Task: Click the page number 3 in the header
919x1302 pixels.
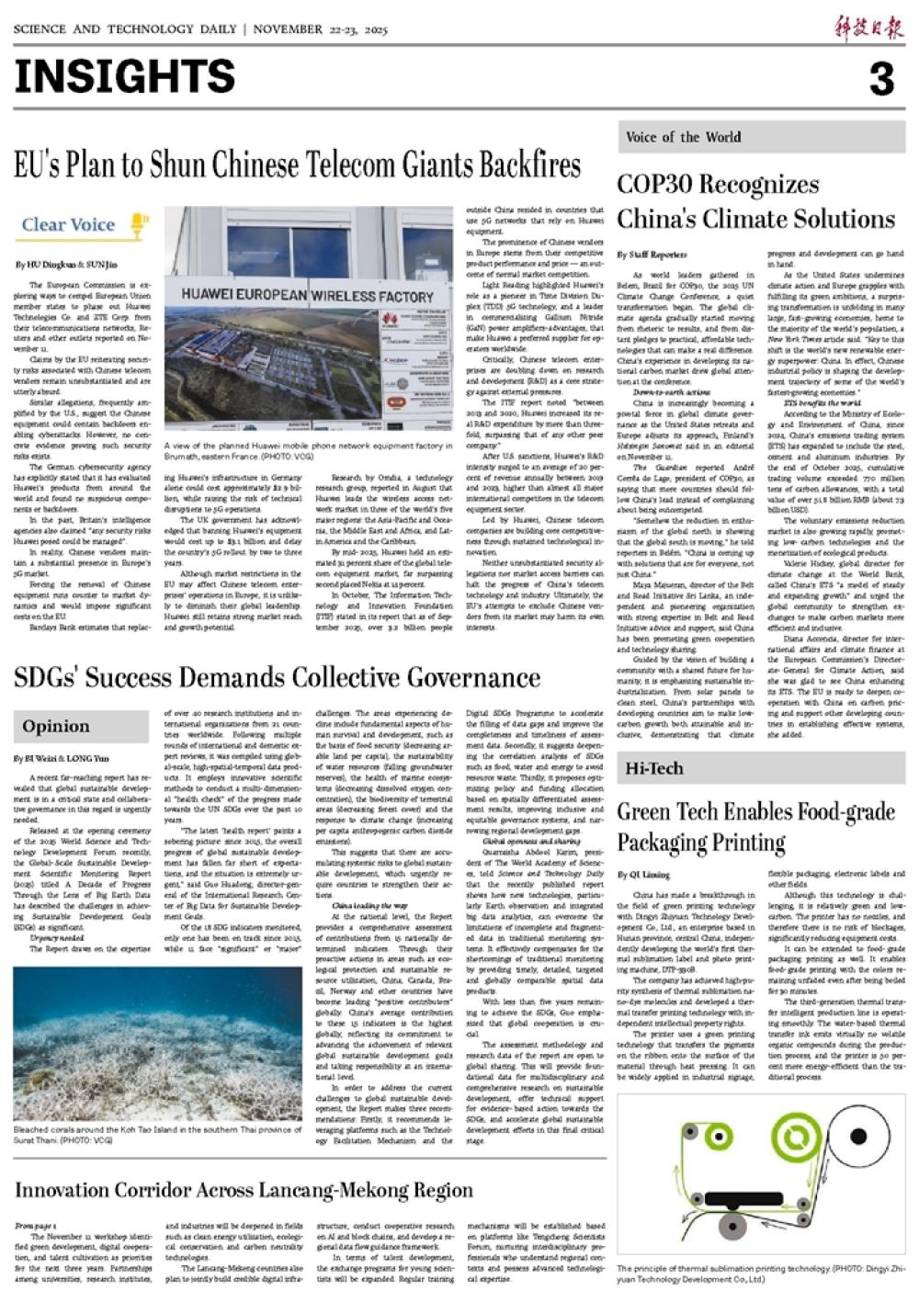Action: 880,79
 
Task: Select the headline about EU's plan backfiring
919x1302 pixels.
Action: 297,165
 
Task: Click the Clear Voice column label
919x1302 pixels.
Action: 68,224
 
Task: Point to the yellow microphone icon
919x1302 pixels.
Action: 138,223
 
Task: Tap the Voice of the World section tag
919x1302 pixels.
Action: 683,138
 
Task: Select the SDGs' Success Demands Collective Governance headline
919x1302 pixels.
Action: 277,678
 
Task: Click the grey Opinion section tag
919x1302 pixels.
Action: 56,726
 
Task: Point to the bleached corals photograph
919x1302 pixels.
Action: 157,1043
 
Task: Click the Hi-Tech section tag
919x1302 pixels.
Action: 654,767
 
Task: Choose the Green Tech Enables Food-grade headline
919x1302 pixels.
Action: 755,811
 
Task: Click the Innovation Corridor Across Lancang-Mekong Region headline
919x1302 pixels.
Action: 244,1190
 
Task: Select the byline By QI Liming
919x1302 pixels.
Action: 643,875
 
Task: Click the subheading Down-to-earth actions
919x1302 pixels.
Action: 671,392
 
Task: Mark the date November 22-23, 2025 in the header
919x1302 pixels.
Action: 320,29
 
